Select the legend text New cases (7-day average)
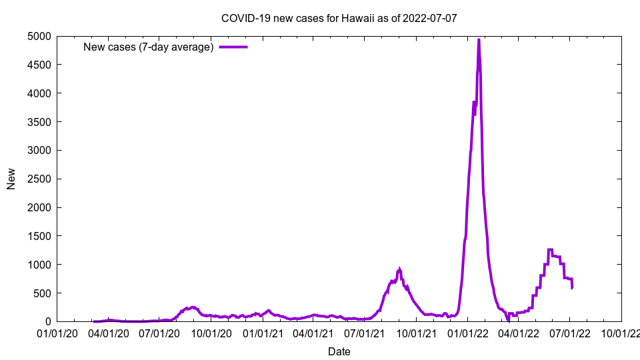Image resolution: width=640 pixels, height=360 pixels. [x=148, y=47]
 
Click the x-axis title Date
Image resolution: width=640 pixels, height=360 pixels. [x=339, y=351]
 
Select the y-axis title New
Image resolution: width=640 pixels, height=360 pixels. [x=11, y=179]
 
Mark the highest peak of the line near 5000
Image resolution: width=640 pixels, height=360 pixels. [x=479, y=40]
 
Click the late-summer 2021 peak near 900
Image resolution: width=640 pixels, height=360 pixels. [x=399, y=269]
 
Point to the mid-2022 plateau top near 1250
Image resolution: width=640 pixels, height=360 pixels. [x=551, y=250]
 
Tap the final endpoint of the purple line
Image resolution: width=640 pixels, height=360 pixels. [x=572, y=287]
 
